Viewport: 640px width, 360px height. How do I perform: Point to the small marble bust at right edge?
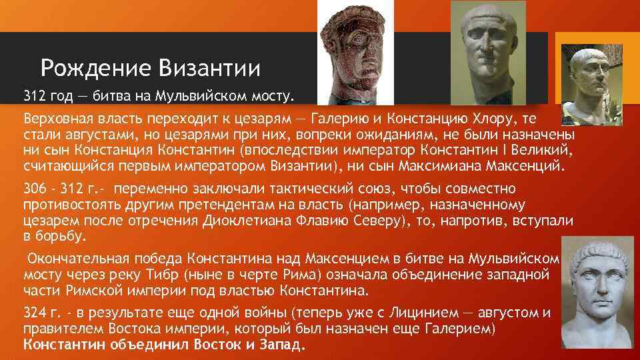[582, 83]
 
